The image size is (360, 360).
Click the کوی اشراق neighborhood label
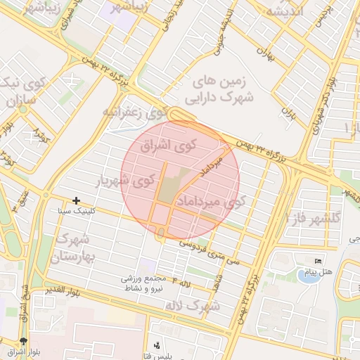[166, 148]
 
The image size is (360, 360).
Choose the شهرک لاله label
[191, 306]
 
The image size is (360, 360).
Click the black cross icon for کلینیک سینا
[76, 201]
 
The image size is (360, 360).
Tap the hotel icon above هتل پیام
[319, 262]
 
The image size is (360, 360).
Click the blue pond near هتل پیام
[307, 276]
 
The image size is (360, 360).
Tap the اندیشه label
[285, 11]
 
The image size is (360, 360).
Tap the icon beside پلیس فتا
[156, 346]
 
